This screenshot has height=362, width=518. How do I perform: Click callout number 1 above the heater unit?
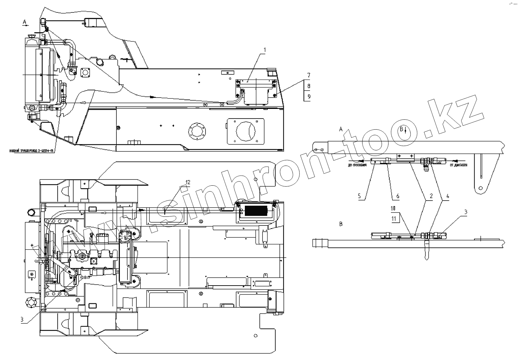(x=265, y=50)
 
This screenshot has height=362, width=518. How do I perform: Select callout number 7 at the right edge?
(x=309, y=75)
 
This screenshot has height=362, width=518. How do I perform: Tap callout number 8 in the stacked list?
(x=309, y=86)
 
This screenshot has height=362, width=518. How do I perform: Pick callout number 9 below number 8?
(x=309, y=97)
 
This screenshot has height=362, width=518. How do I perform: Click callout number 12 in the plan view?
(x=188, y=182)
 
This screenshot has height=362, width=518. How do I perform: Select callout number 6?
(x=397, y=196)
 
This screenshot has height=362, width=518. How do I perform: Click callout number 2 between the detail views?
(x=431, y=196)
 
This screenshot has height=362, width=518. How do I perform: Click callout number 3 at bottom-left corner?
(x=22, y=320)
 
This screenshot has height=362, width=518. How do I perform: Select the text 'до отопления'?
(x=357, y=166)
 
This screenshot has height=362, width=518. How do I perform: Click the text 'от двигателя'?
(x=458, y=165)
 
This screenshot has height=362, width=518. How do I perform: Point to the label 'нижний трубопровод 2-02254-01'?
(x=33, y=151)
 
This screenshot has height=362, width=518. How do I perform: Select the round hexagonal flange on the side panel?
(x=197, y=131)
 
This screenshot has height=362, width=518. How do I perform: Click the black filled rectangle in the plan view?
(x=256, y=211)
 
